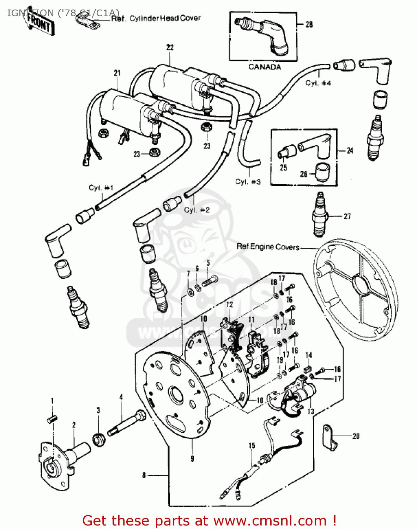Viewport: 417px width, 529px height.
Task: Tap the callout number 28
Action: click(309, 24)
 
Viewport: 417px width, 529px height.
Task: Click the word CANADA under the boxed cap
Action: click(265, 67)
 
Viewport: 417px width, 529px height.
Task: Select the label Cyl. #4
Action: click(318, 83)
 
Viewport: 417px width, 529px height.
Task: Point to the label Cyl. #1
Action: click(101, 188)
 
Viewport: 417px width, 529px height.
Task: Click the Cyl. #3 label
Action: click(248, 182)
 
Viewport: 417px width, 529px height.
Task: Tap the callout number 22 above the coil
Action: click(170, 47)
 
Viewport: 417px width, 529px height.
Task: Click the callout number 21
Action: click(117, 73)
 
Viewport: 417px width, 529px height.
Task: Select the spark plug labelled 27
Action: click(320, 215)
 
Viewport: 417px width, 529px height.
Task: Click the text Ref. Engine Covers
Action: click(268, 247)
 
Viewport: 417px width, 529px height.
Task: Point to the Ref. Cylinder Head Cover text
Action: click(156, 18)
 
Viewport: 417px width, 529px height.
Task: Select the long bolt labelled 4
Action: click(127, 423)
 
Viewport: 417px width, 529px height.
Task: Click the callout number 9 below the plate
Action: click(192, 458)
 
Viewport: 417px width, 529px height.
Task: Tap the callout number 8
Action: click(144, 475)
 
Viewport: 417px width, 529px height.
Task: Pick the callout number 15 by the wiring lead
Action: click(252, 445)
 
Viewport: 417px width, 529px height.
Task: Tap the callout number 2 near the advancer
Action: click(74, 425)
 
